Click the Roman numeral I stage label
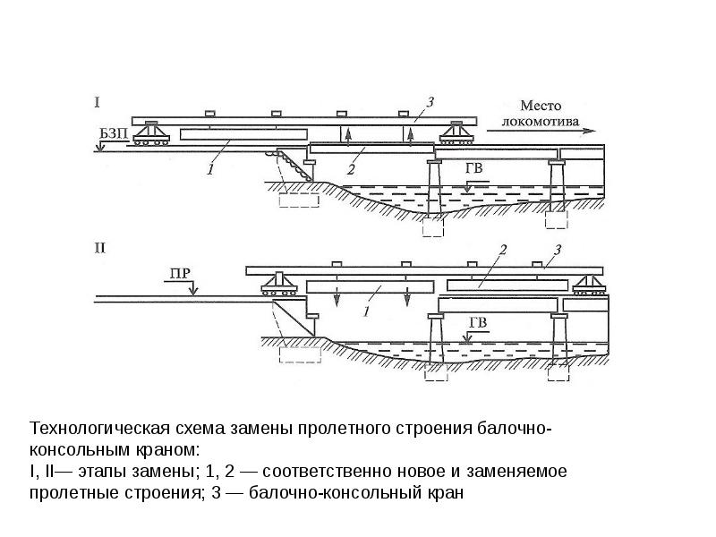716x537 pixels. tap(98, 103)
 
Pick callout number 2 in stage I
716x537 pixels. tap(352, 167)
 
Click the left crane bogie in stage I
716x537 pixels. tap(154, 133)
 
